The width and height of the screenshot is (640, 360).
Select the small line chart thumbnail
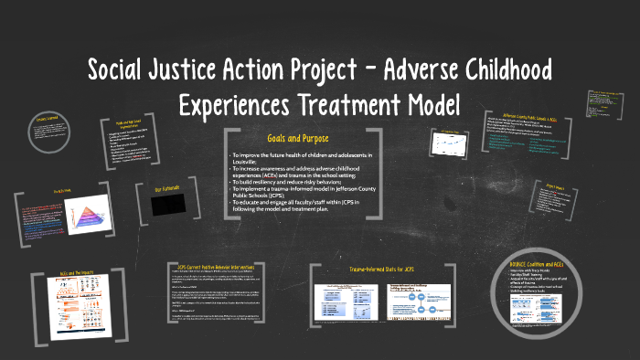point(447,144)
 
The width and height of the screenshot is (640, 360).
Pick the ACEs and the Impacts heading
point(72,274)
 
